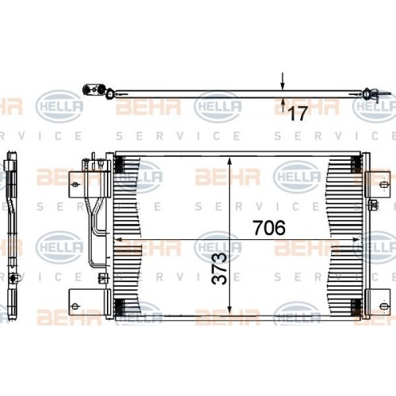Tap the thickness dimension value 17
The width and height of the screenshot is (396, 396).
(x=296, y=114)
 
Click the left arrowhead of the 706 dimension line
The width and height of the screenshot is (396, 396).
(x=120, y=238)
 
